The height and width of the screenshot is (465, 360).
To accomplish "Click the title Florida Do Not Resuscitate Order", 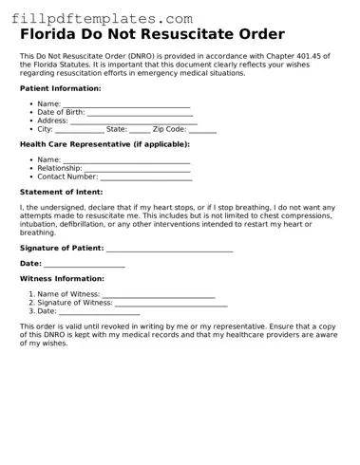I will [x=152, y=35].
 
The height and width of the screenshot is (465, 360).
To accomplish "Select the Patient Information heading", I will [x=61, y=88].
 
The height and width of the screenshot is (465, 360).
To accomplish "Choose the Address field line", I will [x=134, y=121].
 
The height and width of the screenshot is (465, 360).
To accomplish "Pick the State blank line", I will [x=140, y=130].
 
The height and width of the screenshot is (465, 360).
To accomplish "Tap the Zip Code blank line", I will [x=202, y=130].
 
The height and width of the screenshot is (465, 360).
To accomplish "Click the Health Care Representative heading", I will [x=104, y=144].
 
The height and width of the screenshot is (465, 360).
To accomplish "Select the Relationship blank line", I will [x=137, y=169].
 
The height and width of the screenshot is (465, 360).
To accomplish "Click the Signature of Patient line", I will [x=170, y=248].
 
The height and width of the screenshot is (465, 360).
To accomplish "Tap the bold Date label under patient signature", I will [x=30, y=264].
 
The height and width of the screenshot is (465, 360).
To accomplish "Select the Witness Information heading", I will [x=63, y=279].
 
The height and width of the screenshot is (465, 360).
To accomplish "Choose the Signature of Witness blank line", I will [x=172, y=304].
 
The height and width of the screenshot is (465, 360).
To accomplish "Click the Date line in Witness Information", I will [x=100, y=312].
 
